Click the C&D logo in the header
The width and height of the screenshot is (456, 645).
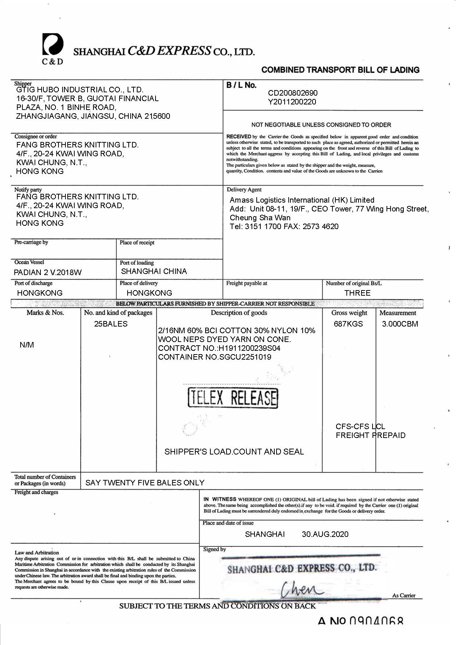click(x=53, y=48)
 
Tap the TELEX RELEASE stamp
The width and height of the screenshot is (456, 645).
click(x=233, y=398)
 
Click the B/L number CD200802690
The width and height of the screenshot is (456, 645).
click(x=293, y=93)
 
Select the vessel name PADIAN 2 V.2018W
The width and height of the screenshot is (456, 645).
click(x=48, y=272)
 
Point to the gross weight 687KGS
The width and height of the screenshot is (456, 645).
click(x=348, y=324)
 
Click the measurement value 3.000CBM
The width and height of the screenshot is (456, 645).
click(x=400, y=324)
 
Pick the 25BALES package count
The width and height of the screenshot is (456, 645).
click(x=111, y=324)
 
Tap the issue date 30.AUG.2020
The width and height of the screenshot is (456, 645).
click(x=325, y=534)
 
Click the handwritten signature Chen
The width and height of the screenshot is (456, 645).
click(x=302, y=589)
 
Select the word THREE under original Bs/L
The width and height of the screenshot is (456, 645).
click(x=357, y=293)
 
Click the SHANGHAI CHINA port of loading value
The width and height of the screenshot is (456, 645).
click(x=154, y=271)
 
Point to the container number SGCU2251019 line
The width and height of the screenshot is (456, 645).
click(x=215, y=357)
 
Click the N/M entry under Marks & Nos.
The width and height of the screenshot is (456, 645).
click(x=27, y=345)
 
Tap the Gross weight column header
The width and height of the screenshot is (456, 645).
click(x=349, y=313)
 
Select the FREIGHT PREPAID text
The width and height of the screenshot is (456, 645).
click(x=370, y=435)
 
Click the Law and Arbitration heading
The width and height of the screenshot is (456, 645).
click(x=37, y=552)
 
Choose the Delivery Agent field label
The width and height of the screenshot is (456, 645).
click(x=244, y=190)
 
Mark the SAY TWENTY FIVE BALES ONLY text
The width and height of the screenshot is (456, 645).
click(x=145, y=483)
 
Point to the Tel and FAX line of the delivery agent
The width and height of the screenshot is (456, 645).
click(x=284, y=227)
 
